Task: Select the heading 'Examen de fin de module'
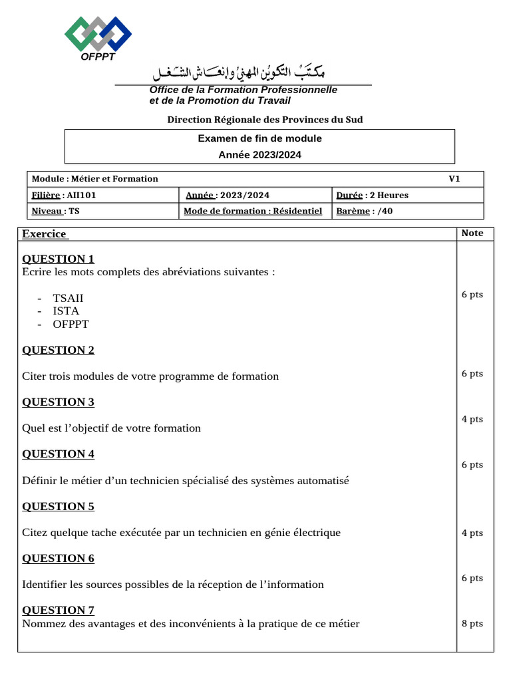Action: pyautogui.click(x=259, y=138)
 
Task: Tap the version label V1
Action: pyautogui.click(x=454, y=178)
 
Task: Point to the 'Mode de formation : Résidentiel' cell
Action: pyautogui.click(x=253, y=211)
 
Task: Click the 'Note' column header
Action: pyautogui.click(x=472, y=233)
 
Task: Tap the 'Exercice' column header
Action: pyautogui.click(x=45, y=233)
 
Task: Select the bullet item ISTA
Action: pyautogui.click(x=66, y=311)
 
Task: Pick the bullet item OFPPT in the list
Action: pyautogui.click(x=71, y=324)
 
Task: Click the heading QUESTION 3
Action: pyautogui.click(x=59, y=402)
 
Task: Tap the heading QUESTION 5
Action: pyautogui.click(x=59, y=506)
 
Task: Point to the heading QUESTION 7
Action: pyautogui.click(x=59, y=610)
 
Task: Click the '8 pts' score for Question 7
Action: pyautogui.click(x=472, y=623)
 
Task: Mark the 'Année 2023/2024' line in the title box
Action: pyautogui.click(x=259, y=154)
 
